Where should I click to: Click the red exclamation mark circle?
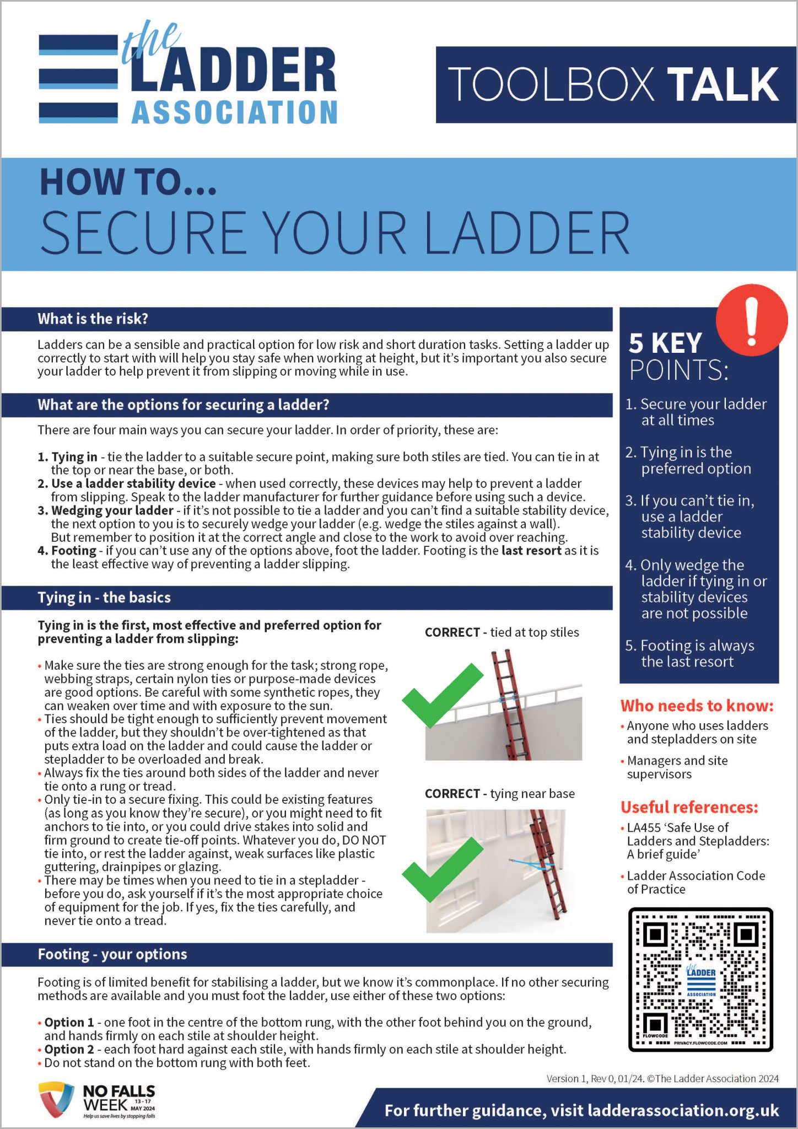point(751,320)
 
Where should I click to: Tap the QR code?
point(700,979)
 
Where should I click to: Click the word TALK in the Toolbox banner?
point(724,84)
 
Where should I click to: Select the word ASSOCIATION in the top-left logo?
point(234,113)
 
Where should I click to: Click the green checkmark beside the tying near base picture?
point(443,869)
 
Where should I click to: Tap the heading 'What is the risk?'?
point(93,319)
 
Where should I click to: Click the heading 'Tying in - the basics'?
point(104,598)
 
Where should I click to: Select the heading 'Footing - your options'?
point(112,954)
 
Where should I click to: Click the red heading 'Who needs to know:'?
point(697,706)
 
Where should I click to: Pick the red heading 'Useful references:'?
point(689,807)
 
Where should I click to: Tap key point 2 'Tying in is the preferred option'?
point(689,460)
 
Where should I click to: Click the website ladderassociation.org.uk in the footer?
point(683,1110)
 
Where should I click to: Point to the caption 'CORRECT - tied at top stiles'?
point(502,632)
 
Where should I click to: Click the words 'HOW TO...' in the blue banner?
point(128,182)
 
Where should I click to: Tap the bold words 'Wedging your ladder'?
point(112,510)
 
